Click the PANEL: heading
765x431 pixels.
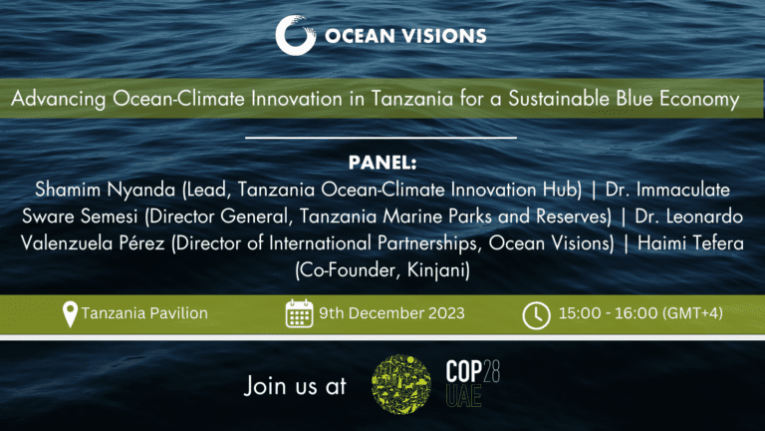click(382, 163)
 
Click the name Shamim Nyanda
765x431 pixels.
click(105, 191)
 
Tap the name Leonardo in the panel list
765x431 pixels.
click(704, 216)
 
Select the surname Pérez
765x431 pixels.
click(141, 243)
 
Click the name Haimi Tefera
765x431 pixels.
click(691, 243)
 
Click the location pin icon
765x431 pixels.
click(71, 314)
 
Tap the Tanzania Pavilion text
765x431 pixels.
click(144, 313)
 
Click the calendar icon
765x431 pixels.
click(299, 313)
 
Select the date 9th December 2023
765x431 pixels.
click(391, 313)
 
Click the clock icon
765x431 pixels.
click(536, 315)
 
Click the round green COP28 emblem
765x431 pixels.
click(401, 384)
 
